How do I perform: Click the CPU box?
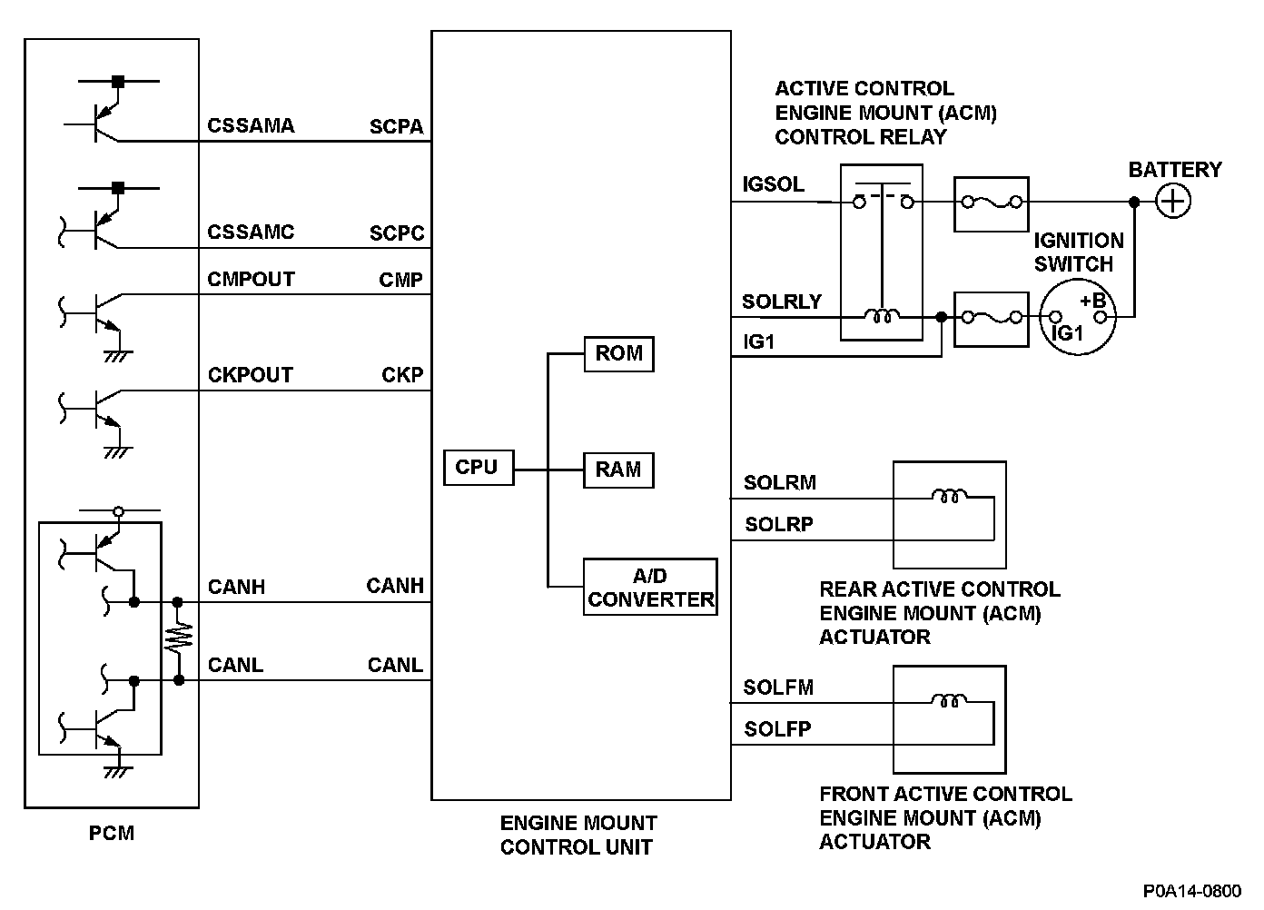coord(478,468)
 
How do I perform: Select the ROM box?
coord(618,354)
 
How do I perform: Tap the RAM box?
coord(618,470)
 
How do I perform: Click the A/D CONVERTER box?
coord(650,588)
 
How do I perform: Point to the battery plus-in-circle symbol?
coord(1173,202)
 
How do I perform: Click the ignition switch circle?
coord(1077,317)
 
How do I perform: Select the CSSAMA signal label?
coord(251,126)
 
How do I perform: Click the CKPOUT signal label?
coord(251,375)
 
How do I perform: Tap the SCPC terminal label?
coord(397,233)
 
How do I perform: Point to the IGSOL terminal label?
coord(773,184)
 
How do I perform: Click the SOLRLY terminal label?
coord(781,302)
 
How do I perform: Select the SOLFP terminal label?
coord(777,729)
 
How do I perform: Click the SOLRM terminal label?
coord(779,483)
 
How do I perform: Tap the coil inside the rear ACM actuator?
coord(948,496)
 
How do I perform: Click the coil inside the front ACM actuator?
coord(948,700)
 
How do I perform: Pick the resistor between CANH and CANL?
coord(179,639)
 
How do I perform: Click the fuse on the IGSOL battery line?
coord(991,203)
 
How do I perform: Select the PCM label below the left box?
coord(112,833)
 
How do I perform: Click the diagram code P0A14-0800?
coord(1191,891)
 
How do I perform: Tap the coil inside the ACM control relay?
coord(882,316)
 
